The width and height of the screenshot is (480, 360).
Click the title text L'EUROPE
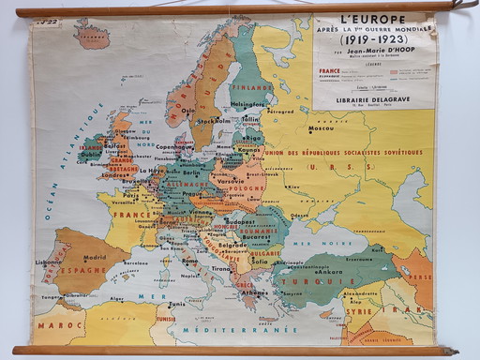click(x=372, y=20)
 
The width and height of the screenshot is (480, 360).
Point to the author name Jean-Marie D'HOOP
click(x=372, y=55)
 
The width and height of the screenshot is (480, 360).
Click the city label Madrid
click(x=94, y=257)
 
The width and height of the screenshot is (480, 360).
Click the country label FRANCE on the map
click(x=129, y=213)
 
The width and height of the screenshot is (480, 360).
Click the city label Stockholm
click(x=214, y=121)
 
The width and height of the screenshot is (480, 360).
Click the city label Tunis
click(x=176, y=304)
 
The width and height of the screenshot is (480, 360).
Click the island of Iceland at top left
click(x=91, y=36)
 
